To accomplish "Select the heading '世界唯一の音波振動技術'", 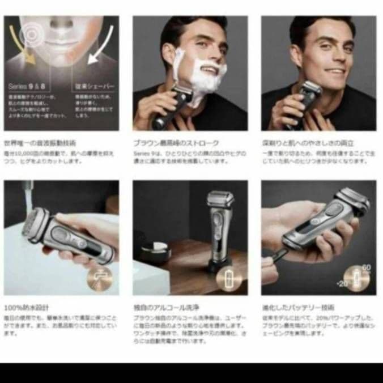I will pyautogui.click(x=40, y=143).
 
